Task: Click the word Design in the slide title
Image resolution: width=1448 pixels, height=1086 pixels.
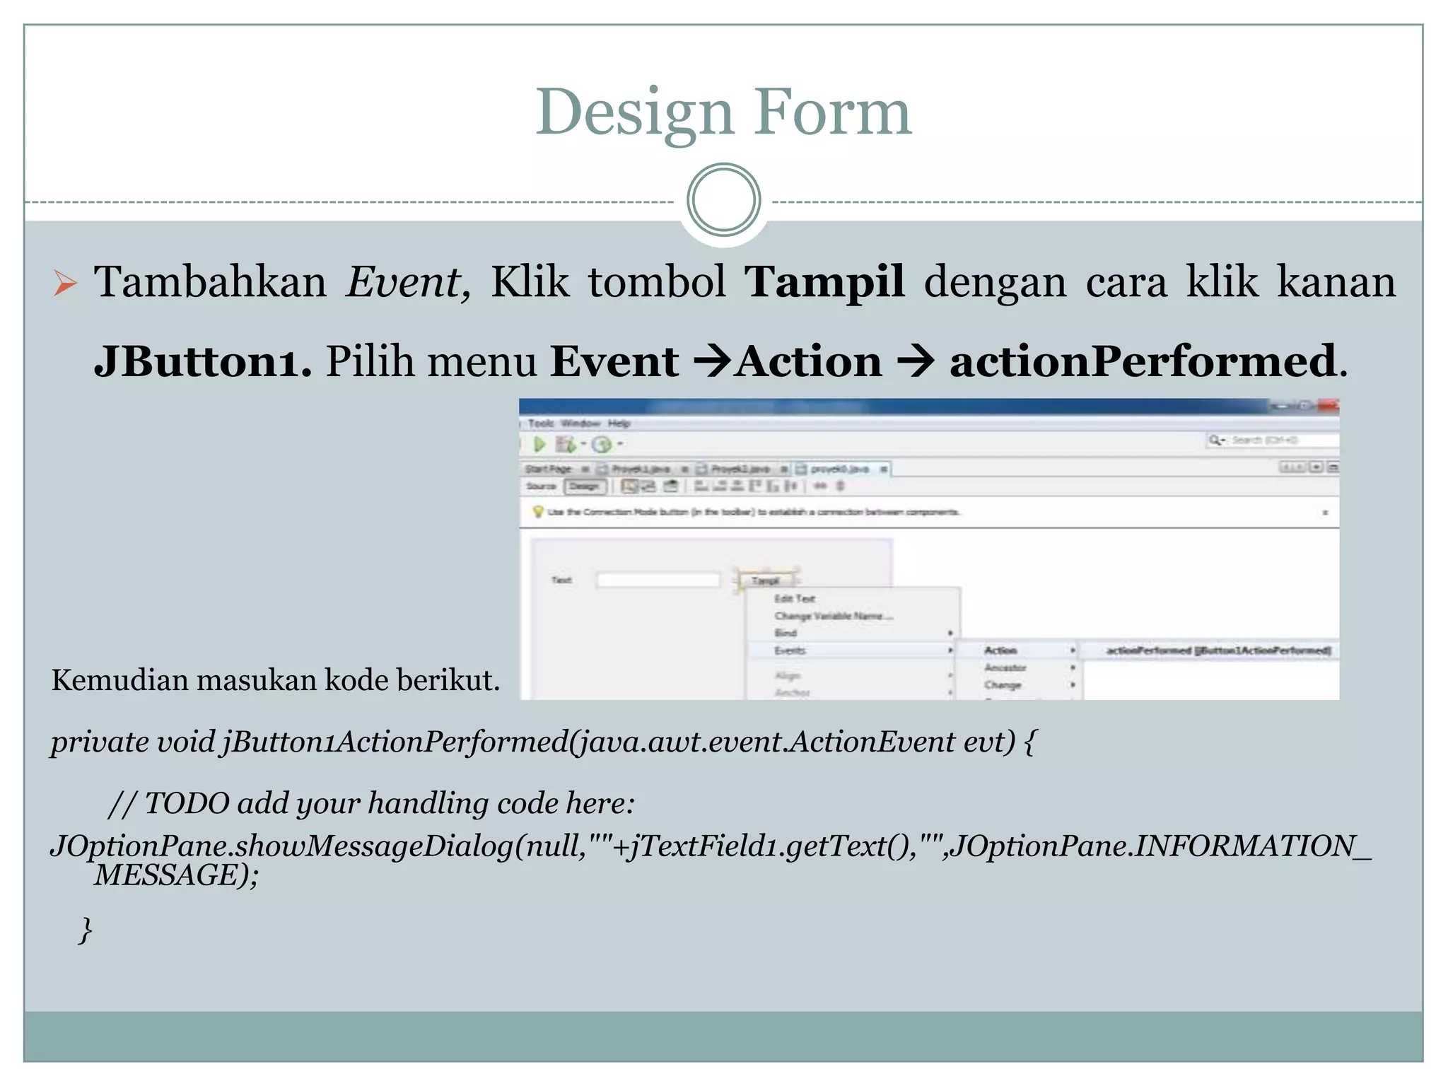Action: pyautogui.click(x=633, y=113)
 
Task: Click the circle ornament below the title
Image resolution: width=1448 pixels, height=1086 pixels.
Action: pyautogui.click(x=723, y=200)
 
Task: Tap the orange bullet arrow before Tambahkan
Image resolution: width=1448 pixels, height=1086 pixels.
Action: pyautogui.click(x=65, y=284)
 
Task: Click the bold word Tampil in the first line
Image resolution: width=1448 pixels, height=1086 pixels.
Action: pyautogui.click(x=824, y=282)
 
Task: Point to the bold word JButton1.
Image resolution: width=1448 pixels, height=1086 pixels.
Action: pyautogui.click(x=202, y=361)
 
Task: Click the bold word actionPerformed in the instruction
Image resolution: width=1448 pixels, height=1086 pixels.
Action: pyautogui.click(x=1143, y=361)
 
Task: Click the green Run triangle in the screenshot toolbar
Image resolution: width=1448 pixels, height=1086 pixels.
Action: pyautogui.click(x=540, y=444)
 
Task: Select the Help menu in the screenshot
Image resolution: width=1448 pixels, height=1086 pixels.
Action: pyautogui.click(x=619, y=424)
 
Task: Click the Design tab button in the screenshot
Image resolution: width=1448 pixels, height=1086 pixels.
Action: pyautogui.click(x=584, y=486)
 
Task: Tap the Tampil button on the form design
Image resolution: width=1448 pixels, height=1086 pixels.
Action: pyautogui.click(x=766, y=580)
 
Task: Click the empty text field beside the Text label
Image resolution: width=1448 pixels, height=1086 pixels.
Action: pyautogui.click(x=658, y=580)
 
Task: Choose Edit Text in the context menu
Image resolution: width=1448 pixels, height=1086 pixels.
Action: pyautogui.click(x=794, y=599)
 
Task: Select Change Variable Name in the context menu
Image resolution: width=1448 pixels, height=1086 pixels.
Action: pyautogui.click(x=833, y=617)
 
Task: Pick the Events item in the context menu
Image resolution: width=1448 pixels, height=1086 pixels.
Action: pyautogui.click(x=790, y=650)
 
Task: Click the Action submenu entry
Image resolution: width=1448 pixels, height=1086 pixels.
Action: pyautogui.click(x=1000, y=650)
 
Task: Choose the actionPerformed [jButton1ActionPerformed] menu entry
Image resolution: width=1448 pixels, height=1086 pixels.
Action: pyautogui.click(x=1218, y=650)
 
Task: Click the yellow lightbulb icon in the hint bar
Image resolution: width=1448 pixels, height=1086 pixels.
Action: pyautogui.click(x=538, y=512)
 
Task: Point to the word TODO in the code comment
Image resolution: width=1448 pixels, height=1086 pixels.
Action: pyautogui.click(x=187, y=804)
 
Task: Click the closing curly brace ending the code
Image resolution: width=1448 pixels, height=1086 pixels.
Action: pyautogui.click(x=86, y=929)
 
